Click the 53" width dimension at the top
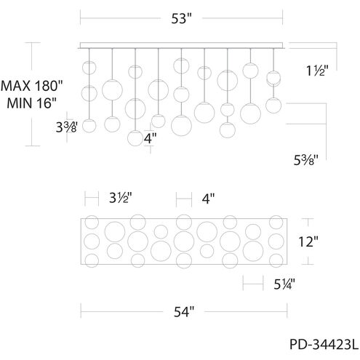pos(182,18)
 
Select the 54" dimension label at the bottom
pos(184,312)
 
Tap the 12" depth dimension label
pos(308,241)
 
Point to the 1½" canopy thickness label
pos(317,71)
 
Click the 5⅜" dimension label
pos(306,160)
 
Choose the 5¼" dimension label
pos(284,284)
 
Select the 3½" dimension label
pos(121,198)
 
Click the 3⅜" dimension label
pos(67,127)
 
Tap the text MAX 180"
pos(32,86)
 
